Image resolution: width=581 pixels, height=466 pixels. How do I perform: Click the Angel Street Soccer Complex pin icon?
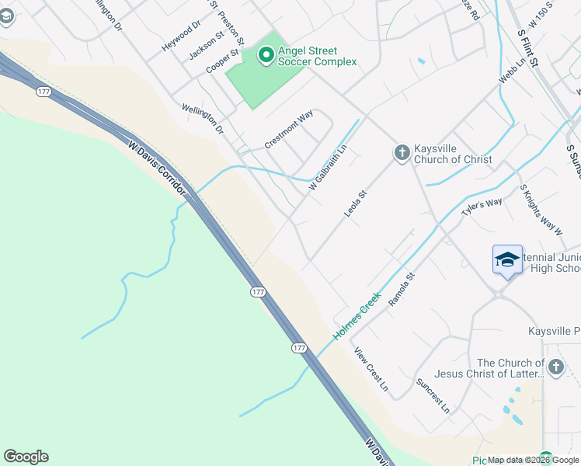point(266,54)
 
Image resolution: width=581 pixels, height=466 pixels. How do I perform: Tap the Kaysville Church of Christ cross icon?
point(402,152)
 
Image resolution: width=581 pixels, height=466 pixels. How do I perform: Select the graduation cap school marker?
point(507,259)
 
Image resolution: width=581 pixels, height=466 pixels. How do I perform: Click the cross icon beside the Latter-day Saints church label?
point(555,367)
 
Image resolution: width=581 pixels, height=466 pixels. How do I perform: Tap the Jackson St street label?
point(207,45)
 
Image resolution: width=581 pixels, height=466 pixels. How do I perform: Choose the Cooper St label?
point(221,62)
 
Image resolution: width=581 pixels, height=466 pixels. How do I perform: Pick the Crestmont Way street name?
point(289,129)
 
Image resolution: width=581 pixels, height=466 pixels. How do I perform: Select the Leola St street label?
point(355,201)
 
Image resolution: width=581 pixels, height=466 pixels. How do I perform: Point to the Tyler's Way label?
point(482,207)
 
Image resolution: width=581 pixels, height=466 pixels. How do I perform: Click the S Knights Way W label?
point(541,210)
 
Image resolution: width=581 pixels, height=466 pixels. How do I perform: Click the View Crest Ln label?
point(371,368)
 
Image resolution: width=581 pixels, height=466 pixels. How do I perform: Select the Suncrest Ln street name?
point(433,394)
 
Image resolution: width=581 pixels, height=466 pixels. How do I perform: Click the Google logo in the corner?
point(26,457)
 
